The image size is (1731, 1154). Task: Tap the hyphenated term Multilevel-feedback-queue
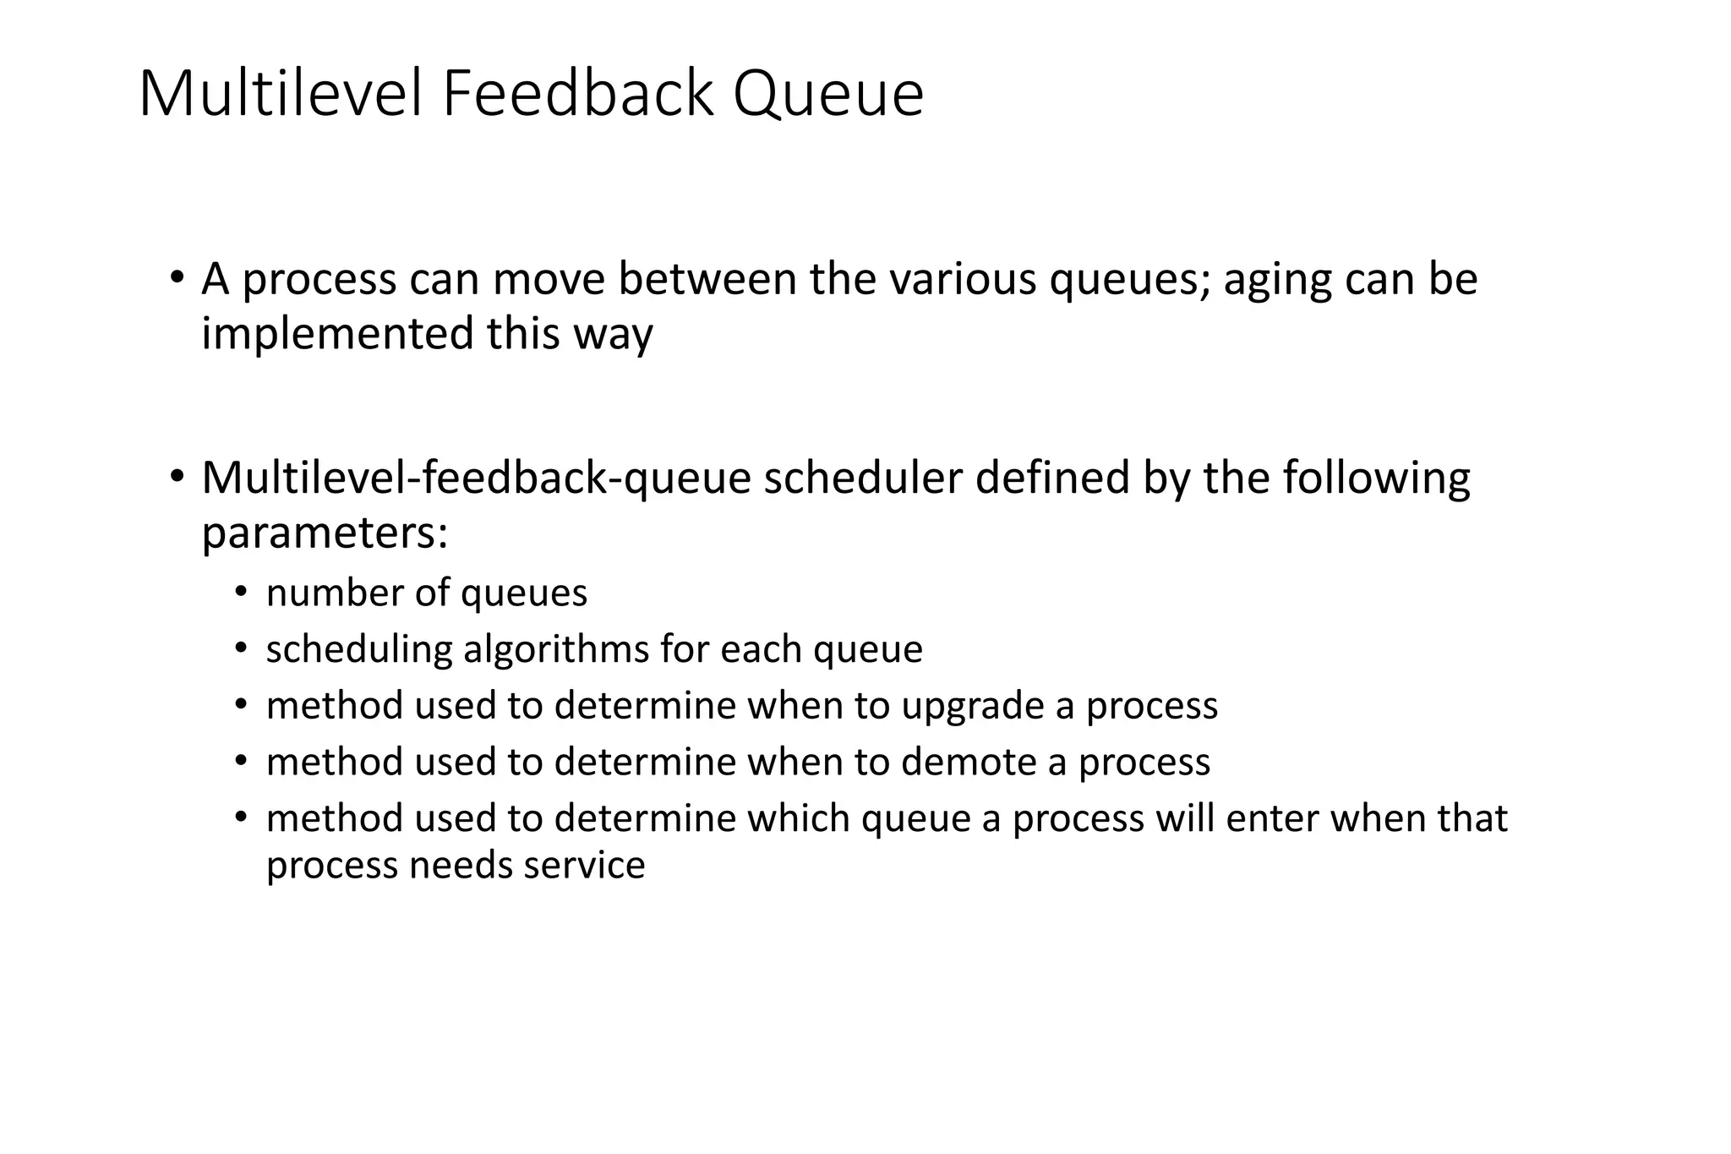coord(476,479)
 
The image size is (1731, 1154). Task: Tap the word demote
coord(969,763)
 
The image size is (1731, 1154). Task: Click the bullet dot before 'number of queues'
coord(242,593)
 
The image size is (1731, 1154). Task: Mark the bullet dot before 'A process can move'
coord(176,278)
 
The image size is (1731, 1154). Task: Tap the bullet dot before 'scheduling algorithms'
coord(242,649)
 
